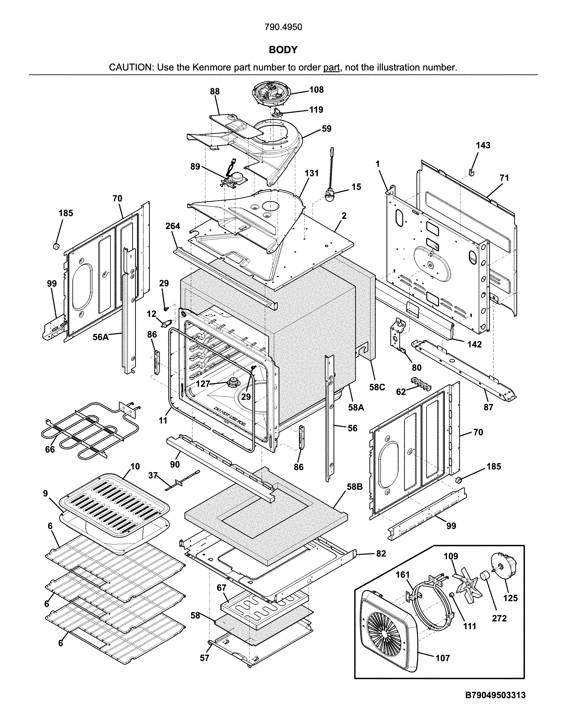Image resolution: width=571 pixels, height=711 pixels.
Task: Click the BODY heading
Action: (283, 50)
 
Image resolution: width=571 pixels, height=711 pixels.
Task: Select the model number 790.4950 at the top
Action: (283, 27)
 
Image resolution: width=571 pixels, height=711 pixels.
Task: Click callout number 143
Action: (483, 145)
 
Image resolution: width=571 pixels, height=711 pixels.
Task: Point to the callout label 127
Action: (203, 384)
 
